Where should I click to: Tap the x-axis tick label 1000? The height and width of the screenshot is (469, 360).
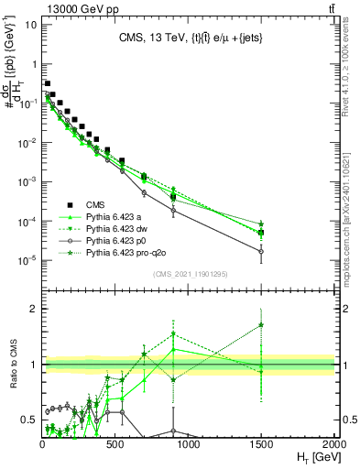coord(189,444)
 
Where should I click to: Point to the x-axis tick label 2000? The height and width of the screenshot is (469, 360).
coord(334,444)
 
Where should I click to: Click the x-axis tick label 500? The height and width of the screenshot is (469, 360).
coord(115,444)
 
